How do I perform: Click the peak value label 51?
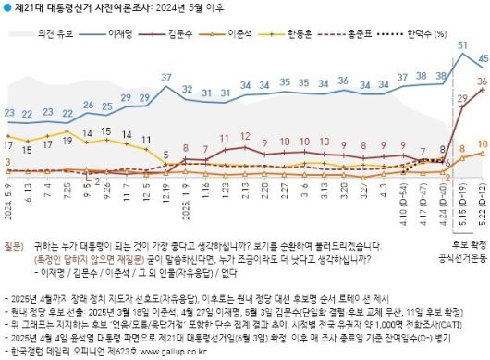[462, 45]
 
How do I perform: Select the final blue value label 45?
[482, 59]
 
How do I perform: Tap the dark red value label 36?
[482, 81]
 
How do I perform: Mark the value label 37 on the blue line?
[166, 77]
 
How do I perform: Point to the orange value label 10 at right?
[482, 143]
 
